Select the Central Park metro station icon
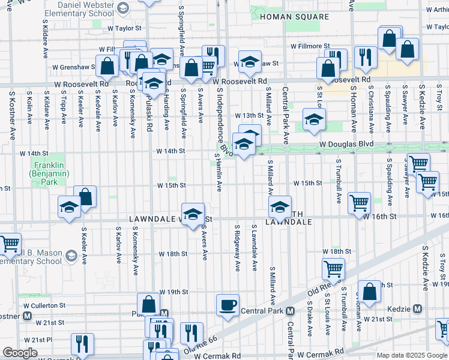[x=290, y=311]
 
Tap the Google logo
[x=20, y=353]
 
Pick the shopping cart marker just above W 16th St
[x=359, y=203]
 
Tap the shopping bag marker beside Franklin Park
[x=85, y=197]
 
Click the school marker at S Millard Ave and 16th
[x=279, y=208]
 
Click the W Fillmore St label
[x=310, y=46]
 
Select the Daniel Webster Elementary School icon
[x=122, y=8]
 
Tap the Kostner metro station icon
[x=27, y=316]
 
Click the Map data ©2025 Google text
[x=412, y=355]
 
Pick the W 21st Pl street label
[x=25, y=340]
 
